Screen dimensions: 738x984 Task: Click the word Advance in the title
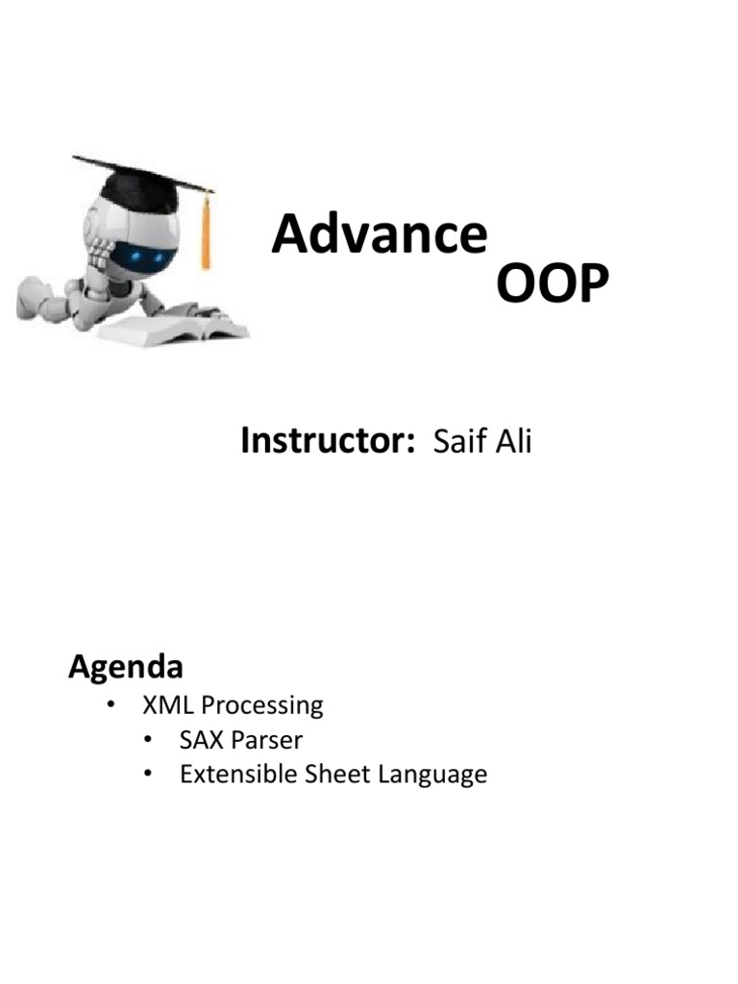click(380, 234)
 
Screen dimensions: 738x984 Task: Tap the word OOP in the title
click(553, 283)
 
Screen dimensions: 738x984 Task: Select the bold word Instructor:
click(328, 440)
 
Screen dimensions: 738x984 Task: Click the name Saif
click(459, 440)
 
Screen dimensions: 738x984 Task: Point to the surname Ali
click(514, 440)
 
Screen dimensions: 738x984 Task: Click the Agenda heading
click(126, 668)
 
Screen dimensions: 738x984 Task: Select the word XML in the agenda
click(167, 704)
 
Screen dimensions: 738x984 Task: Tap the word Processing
click(262, 706)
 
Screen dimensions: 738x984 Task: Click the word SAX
click(202, 740)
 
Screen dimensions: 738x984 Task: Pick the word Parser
click(267, 741)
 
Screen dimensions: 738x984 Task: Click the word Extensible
click(238, 774)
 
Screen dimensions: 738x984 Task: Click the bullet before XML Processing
click(111, 704)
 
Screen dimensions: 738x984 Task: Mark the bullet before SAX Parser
click(148, 740)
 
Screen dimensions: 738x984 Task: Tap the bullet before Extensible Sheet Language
click(148, 774)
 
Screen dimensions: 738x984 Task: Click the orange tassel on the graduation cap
click(206, 233)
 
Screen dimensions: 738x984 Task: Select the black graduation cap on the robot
click(143, 182)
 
